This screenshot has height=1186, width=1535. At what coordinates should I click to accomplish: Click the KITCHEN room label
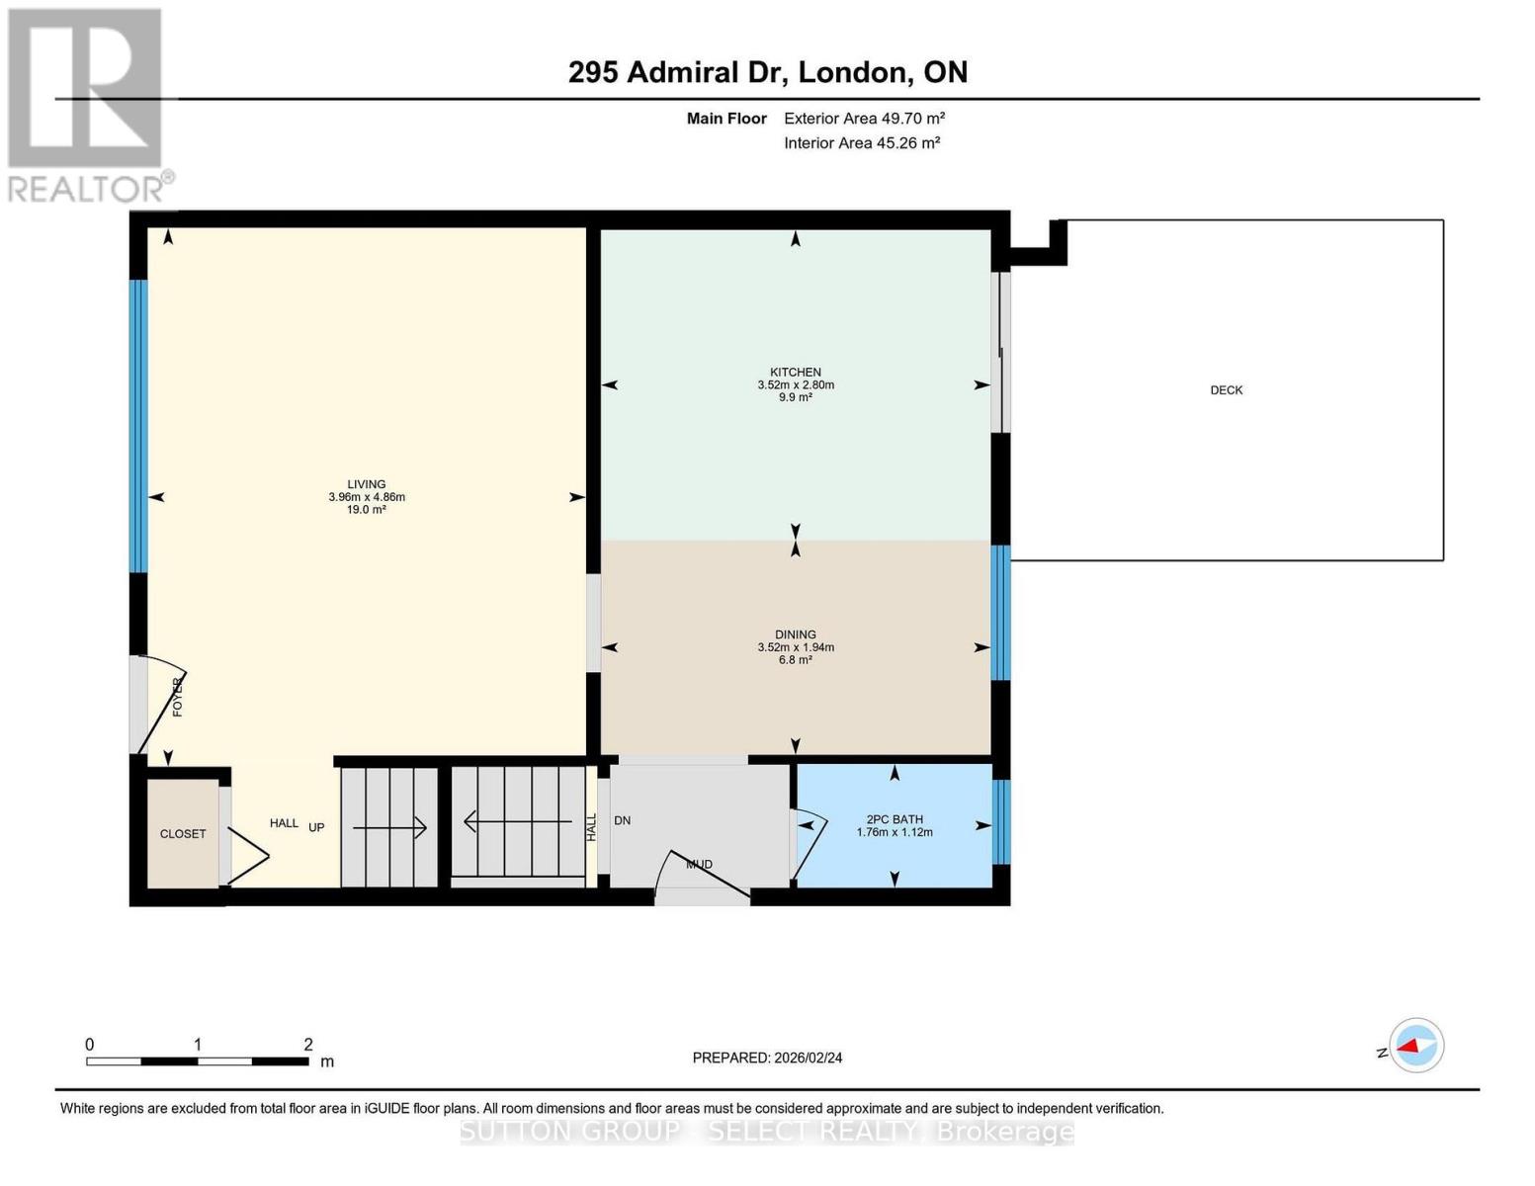[x=796, y=373]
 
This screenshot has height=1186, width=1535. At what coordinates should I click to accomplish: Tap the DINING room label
[x=796, y=635]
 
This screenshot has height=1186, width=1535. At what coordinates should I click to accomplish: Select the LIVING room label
[x=367, y=484]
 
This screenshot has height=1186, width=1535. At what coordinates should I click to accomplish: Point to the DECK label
[x=1227, y=390]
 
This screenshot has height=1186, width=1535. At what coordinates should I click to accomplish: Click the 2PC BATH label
[x=895, y=819]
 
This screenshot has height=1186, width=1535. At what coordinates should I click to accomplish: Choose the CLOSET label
[x=183, y=834]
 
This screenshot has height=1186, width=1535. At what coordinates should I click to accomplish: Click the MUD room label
[x=700, y=865]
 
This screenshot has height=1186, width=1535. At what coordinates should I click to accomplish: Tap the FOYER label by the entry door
[x=178, y=697]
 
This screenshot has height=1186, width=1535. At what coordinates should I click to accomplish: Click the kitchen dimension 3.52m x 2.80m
[x=796, y=385]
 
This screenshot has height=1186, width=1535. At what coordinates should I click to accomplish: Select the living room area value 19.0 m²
[x=367, y=510]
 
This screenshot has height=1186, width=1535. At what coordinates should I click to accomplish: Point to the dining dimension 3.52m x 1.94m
[x=796, y=647]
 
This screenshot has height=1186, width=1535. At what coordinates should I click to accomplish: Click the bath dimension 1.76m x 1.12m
[x=895, y=832]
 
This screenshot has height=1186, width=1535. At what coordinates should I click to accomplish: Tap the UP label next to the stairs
[x=316, y=827]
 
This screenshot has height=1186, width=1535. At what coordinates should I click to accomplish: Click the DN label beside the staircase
[x=623, y=820]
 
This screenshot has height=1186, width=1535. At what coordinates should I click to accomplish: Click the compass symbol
[x=1416, y=1046]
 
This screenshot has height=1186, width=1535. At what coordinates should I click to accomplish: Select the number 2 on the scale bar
[x=308, y=1045]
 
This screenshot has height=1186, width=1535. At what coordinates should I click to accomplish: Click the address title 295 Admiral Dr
[x=677, y=72]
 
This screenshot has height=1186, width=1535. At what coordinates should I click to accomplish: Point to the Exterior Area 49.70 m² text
[x=864, y=119]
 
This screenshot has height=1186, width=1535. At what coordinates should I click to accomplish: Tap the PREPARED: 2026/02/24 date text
[x=767, y=1058]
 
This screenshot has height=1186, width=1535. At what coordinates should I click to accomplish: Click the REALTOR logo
[x=87, y=104]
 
